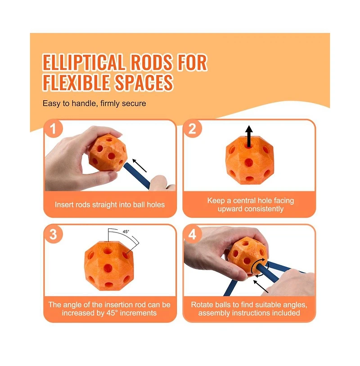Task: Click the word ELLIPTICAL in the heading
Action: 84,62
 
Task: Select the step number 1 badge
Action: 54,129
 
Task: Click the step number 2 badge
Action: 193,129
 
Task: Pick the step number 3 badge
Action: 54,234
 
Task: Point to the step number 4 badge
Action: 193,234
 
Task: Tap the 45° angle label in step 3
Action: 126,232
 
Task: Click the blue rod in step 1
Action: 137,175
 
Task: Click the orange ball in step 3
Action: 109,266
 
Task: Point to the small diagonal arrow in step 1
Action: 139,165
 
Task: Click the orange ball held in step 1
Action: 108,153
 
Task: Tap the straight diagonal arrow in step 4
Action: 261,286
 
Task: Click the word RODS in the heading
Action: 152,62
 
